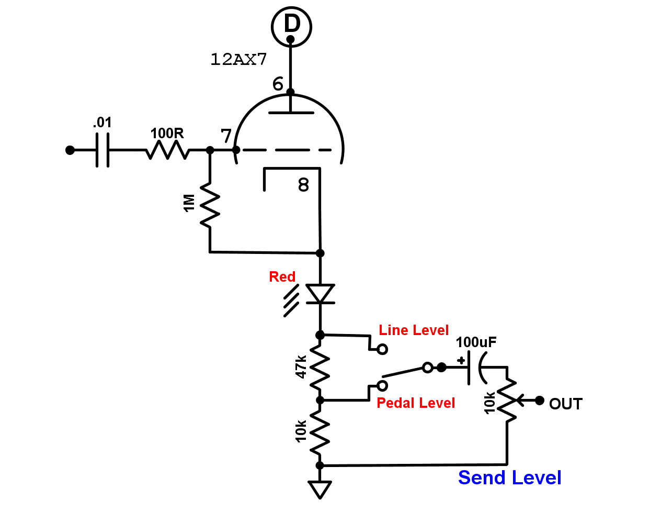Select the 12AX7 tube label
238,59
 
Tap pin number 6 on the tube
278,84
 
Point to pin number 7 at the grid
226,136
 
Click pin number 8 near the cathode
303,185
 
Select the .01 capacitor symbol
103,150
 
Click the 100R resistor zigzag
167,150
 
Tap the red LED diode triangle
320,294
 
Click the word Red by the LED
282,276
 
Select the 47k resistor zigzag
320,368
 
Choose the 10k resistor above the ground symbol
320,432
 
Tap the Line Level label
414,330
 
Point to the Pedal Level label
416,403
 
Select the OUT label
565,404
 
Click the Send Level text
509,477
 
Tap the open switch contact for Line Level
382,349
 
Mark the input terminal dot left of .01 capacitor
70,150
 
